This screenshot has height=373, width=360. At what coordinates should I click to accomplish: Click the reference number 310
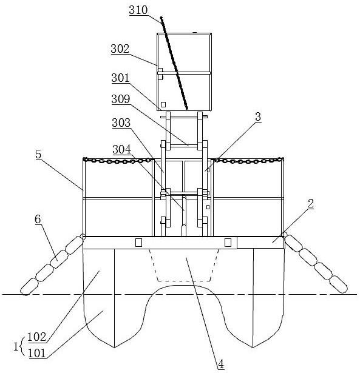coord(138,10)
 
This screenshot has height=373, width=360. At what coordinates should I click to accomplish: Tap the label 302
coord(120,49)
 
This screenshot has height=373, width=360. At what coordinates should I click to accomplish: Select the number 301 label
coord(120,78)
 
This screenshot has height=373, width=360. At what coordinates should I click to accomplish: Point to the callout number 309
coord(121,99)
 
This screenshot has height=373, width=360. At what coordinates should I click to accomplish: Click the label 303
coord(121,123)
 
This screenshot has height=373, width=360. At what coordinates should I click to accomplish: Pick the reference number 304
coord(121,149)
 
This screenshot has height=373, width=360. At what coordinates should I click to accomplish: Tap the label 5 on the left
coord(38,155)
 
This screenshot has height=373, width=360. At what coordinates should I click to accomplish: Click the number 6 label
coord(38,219)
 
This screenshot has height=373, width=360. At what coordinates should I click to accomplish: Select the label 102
coord(37,337)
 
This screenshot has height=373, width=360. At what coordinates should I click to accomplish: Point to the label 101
coord(37,353)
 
